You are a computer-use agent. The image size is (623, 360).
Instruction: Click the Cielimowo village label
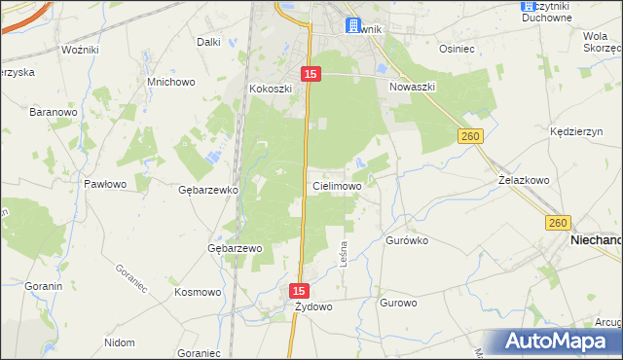[x=337, y=185]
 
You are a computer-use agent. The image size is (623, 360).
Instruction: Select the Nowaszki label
[x=412, y=87]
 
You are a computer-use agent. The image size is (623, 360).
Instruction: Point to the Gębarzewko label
[x=208, y=190]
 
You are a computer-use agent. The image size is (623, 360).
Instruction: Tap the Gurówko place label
[x=407, y=239]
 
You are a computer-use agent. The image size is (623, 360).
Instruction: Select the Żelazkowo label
[x=524, y=180]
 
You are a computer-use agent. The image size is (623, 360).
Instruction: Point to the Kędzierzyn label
[x=573, y=128]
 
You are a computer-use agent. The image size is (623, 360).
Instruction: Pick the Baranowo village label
[x=53, y=112]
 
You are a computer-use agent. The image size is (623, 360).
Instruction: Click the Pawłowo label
[x=104, y=183]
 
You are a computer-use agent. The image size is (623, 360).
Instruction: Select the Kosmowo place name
[x=197, y=291]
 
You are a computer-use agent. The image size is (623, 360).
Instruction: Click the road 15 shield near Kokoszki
[x=310, y=74]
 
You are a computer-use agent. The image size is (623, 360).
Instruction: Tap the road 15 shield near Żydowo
[x=299, y=290]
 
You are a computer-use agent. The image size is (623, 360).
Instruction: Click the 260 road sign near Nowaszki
[x=471, y=137]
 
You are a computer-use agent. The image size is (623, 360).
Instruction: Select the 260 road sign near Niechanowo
[x=557, y=223]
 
